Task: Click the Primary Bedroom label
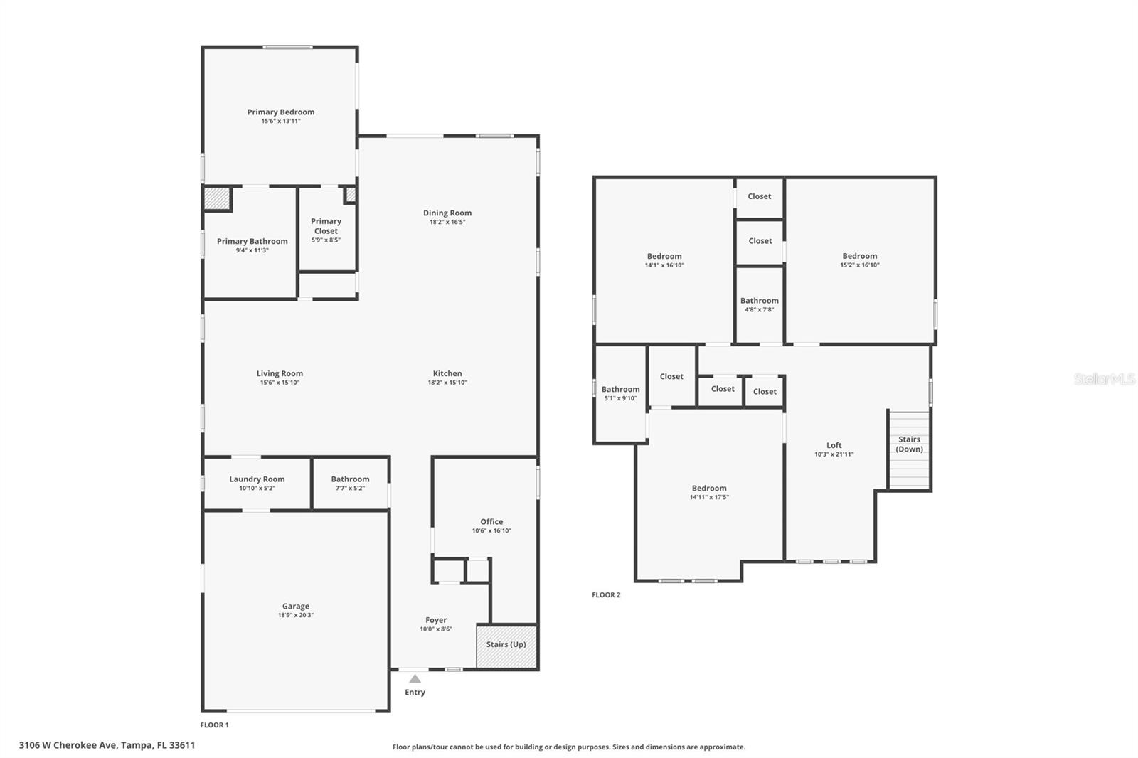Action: pos(280,112)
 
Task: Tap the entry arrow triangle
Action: pos(415,679)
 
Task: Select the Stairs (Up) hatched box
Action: pos(506,646)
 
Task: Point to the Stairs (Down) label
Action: pos(909,444)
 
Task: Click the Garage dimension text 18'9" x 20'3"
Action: pos(295,616)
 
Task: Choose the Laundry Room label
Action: pos(257,479)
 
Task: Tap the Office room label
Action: pos(491,522)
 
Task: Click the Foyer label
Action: pos(436,621)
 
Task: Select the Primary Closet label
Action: pos(326,226)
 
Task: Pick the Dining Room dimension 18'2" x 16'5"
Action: pos(447,223)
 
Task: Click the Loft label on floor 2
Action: pos(834,446)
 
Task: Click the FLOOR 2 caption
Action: pos(606,595)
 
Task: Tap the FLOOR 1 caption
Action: pos(214,725)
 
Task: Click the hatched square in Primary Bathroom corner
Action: pos(217,199)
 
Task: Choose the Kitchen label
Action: pos(447,374)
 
